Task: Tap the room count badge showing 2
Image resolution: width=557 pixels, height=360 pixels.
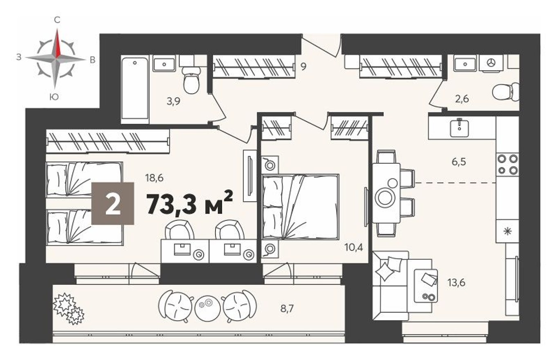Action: (112, 203)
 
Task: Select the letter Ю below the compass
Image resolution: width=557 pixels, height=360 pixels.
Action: (53, 97)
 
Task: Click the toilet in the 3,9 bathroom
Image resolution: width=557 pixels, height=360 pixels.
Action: (191, 82)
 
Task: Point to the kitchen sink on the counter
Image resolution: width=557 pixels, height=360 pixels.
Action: (459, 128)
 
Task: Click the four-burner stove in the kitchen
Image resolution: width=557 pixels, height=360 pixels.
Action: (508, 164)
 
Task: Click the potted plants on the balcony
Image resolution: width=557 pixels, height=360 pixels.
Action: (68, 308)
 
